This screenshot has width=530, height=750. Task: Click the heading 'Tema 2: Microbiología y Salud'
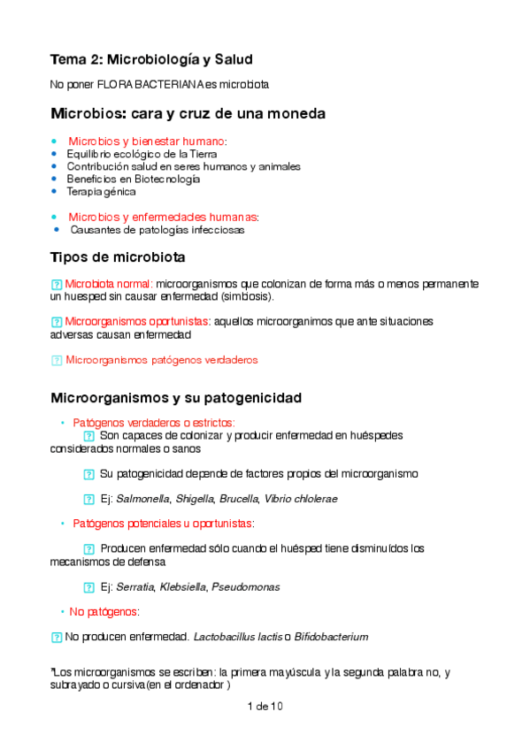pos(151,60)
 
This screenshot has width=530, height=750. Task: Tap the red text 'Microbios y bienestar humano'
pos(147,142)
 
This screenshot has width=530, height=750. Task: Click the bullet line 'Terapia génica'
pos(101,191)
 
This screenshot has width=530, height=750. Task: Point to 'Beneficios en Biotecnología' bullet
pos(133,179)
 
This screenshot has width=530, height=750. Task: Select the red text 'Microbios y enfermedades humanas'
pos(163,217)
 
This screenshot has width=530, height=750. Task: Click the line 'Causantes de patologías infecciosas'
pos(157,230)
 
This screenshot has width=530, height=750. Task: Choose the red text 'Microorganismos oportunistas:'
pos(134,322)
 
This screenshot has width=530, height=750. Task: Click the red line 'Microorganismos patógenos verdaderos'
pos(161,360)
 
